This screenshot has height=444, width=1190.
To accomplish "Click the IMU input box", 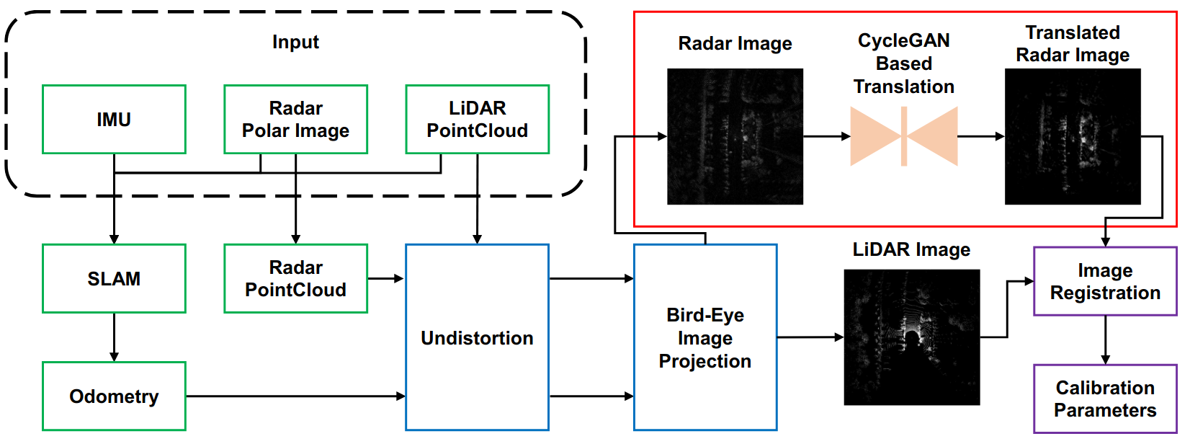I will click(x=114, y=120).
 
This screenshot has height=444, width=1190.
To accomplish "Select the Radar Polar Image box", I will click(x=295, y=120).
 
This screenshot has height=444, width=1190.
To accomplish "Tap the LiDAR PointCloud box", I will click(x=477, y=120).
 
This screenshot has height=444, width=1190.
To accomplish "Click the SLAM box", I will click(x=114, y=279).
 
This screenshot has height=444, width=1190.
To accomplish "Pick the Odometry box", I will click(x=114, y=396).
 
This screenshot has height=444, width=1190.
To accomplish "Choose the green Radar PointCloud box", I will click(x=295, y=279).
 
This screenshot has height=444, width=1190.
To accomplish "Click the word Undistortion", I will click(x=477, y=338).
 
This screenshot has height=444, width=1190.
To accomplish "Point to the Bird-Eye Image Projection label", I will click(x=704, y=338).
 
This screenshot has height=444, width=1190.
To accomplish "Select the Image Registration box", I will click(x=1105, y=282).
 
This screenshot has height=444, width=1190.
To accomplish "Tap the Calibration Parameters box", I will click(x=1105, y=399).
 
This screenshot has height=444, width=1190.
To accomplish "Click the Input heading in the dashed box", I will click(x=295, y=43).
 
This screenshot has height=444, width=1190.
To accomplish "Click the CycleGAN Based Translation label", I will click(x=903, y=63).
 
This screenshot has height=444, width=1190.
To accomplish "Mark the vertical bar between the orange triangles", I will click(x=904, y=136).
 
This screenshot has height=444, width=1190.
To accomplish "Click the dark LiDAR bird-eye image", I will click(x=911, y=337).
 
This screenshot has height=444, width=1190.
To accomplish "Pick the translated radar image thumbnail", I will click(x=1073, y=136).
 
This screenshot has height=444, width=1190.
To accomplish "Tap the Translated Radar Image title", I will click(x=1073, y=44).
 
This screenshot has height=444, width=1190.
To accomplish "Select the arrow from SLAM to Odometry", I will click(x=114, y=337).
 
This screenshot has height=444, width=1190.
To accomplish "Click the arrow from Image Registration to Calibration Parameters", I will click(x=1105, y=339).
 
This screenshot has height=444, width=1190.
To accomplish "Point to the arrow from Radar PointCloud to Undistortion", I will click(x=386, y=278).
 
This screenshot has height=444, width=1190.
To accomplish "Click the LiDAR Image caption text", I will click(x=911, y=250).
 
